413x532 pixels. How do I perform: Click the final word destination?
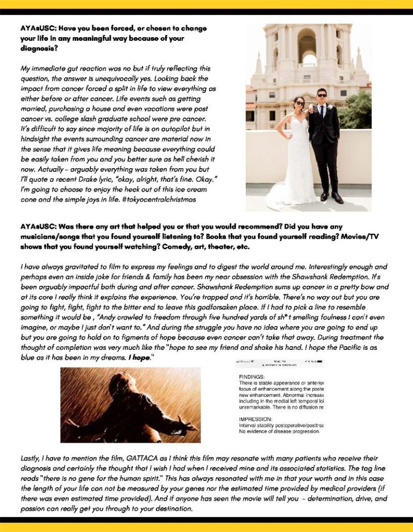166,508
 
